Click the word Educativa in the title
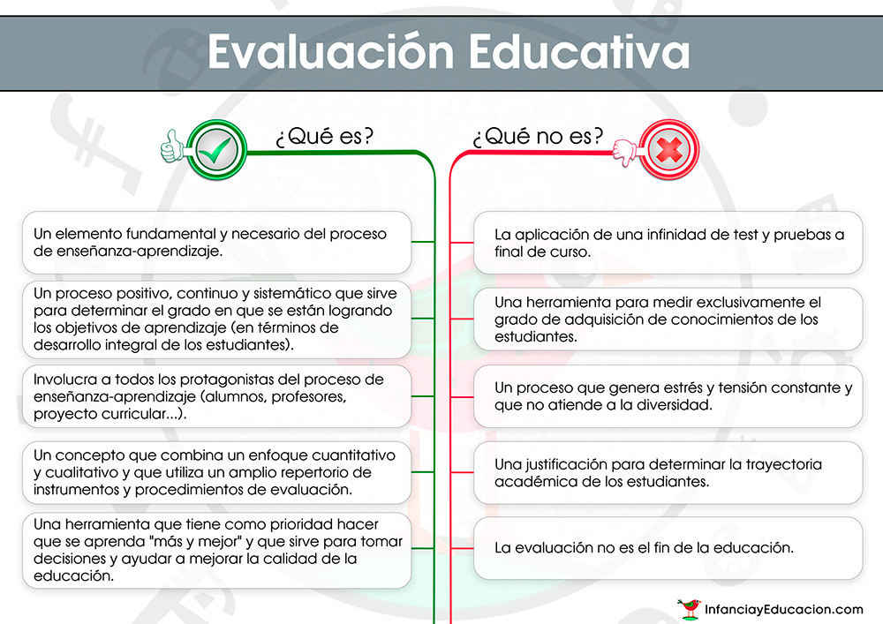[x=579, y=52]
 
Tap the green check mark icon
[x=216, y=150]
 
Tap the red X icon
[x=668, y=150]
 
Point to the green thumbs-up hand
[x=173, y=147]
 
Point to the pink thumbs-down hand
[x=625, y=153]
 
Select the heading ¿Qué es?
[x=324, y=136]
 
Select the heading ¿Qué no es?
[x=538, y=136]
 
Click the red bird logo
[x=690, y=609]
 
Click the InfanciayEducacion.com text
[x=784, y=609]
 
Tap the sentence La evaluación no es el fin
[x=645, y=547]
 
